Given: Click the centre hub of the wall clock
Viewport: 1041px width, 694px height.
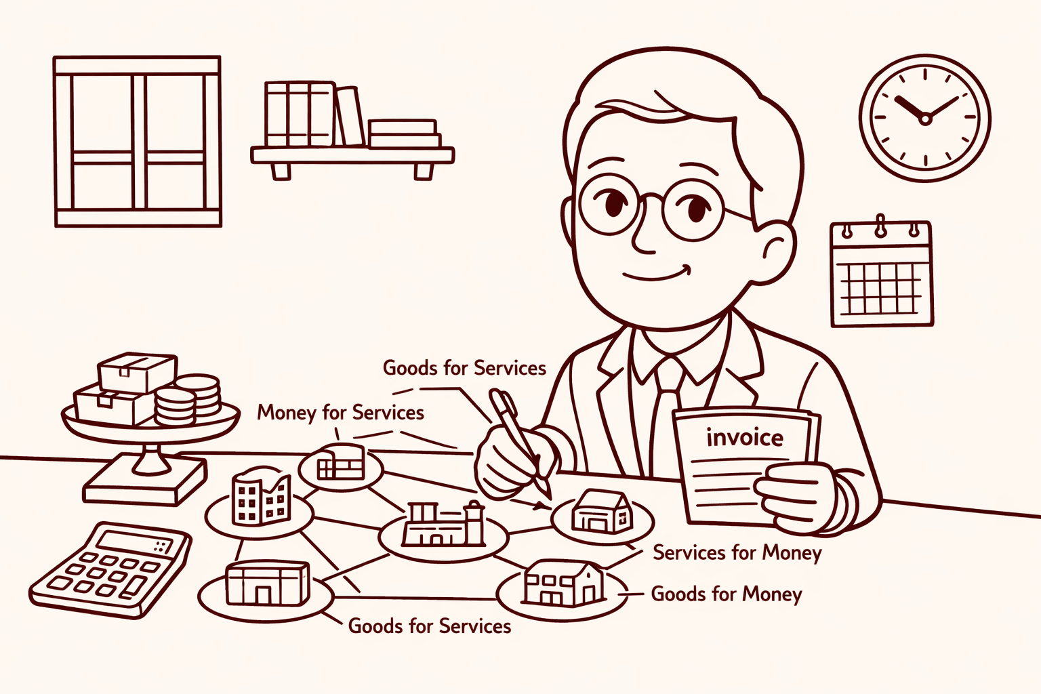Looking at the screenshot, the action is [925, 119].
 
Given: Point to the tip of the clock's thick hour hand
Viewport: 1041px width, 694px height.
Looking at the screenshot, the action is [897, 98].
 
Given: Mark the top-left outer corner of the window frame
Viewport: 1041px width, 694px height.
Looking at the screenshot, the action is [54, 57].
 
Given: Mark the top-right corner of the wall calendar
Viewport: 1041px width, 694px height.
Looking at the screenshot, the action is [930, 224].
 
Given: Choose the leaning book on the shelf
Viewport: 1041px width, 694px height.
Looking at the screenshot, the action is [350, 116].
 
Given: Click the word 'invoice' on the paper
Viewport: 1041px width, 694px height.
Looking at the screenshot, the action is [745, 438].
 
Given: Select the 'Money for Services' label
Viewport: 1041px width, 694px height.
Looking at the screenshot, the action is [341, 413].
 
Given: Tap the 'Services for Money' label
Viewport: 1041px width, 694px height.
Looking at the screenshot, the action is [737, 553].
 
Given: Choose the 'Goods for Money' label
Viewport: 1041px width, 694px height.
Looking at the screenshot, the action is [727, 594].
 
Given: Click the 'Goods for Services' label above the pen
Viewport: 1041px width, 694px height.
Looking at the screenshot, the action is [464, 368].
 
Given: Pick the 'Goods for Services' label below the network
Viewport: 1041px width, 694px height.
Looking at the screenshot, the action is [430, 626].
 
